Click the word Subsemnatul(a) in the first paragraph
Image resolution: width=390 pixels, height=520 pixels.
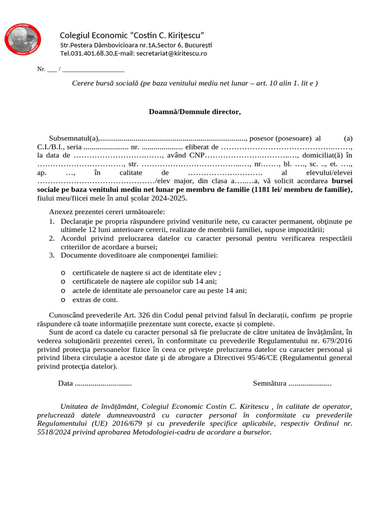[x=73, y=138]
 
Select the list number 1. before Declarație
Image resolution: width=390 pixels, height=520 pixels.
[x=52, y=221]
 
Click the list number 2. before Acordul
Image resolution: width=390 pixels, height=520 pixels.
[x=52, y=238]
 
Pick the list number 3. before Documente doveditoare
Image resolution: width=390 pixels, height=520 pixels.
[x=52, y=255]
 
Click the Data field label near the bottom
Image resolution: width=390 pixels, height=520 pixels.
[x=66, y=383]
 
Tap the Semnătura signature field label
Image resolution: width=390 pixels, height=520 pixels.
[x=270, y=383]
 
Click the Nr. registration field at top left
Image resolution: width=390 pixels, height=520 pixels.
[x=42, y=69]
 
